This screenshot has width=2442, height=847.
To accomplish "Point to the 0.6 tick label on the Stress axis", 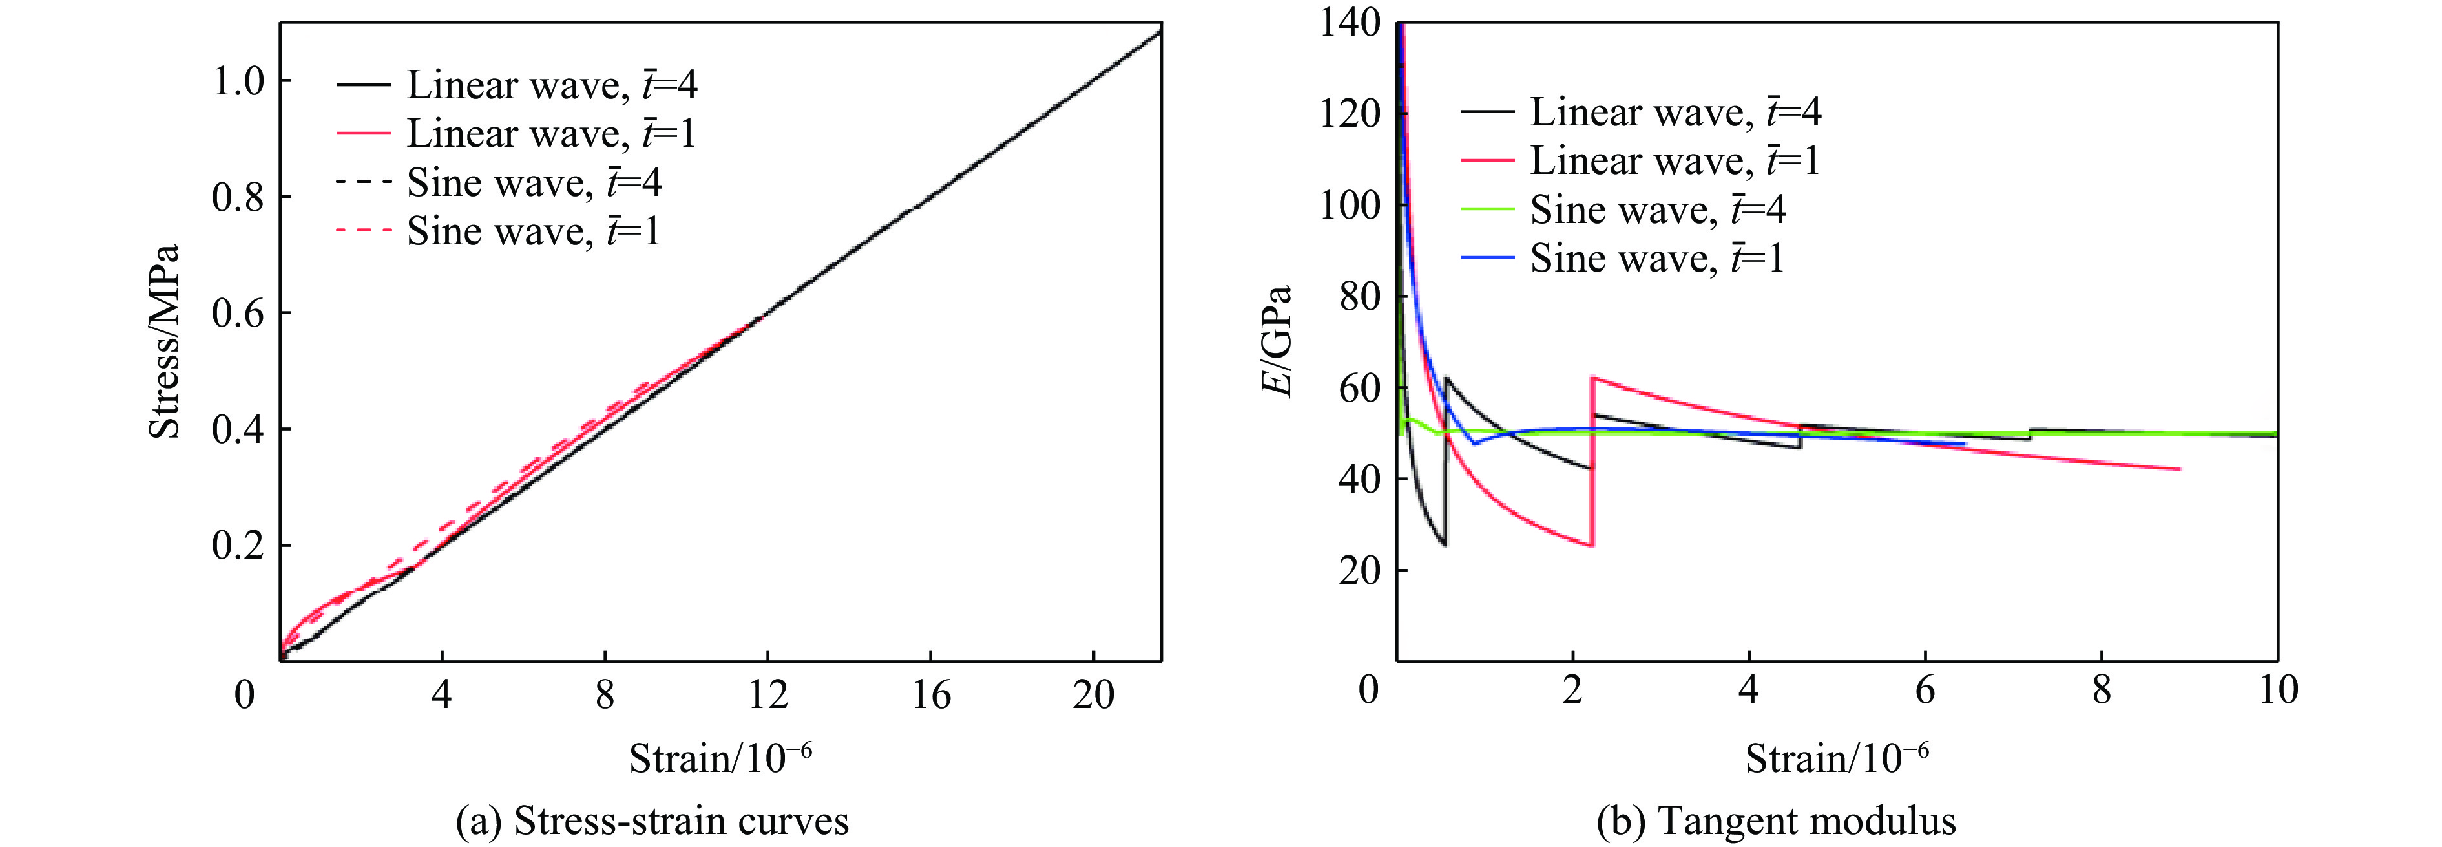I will click(237, 314).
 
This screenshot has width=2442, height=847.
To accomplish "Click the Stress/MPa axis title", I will click(164, 341).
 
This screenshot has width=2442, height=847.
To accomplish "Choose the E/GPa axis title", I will click(1278, 341).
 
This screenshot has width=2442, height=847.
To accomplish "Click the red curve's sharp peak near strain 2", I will click(1592, 378).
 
